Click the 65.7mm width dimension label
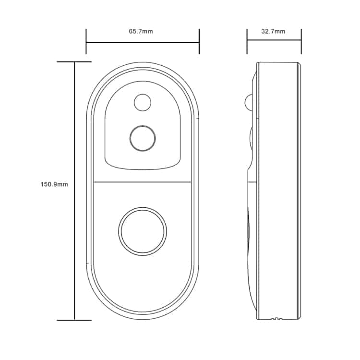141,31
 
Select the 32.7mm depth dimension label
273,31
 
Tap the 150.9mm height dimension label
54,184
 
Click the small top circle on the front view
143,102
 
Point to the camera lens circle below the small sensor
143,138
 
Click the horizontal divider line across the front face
143,182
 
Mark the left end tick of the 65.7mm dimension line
86,41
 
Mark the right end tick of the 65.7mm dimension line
199,41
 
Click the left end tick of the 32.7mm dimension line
247,41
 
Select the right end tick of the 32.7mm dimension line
301,41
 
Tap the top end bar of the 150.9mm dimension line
74,62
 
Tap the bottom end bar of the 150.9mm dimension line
74,320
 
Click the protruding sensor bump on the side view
249,102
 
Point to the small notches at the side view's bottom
276,319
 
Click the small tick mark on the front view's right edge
198,119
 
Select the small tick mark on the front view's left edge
87,263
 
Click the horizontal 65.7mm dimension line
143,42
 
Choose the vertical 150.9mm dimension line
74,191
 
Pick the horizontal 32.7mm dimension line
274,40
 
